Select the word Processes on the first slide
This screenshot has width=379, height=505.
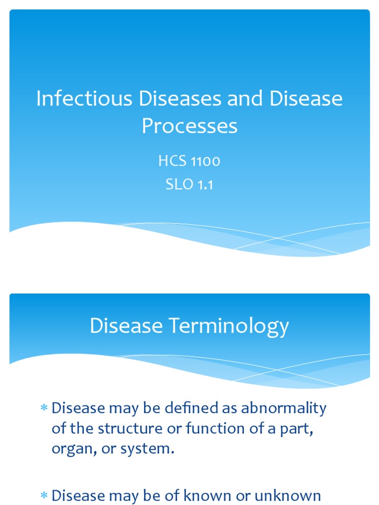coord(189,126)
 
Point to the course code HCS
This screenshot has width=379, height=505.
coord(171,161)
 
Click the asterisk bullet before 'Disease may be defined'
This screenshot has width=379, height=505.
coord(43,408)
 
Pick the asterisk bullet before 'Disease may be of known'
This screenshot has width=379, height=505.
coord(43,495)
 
